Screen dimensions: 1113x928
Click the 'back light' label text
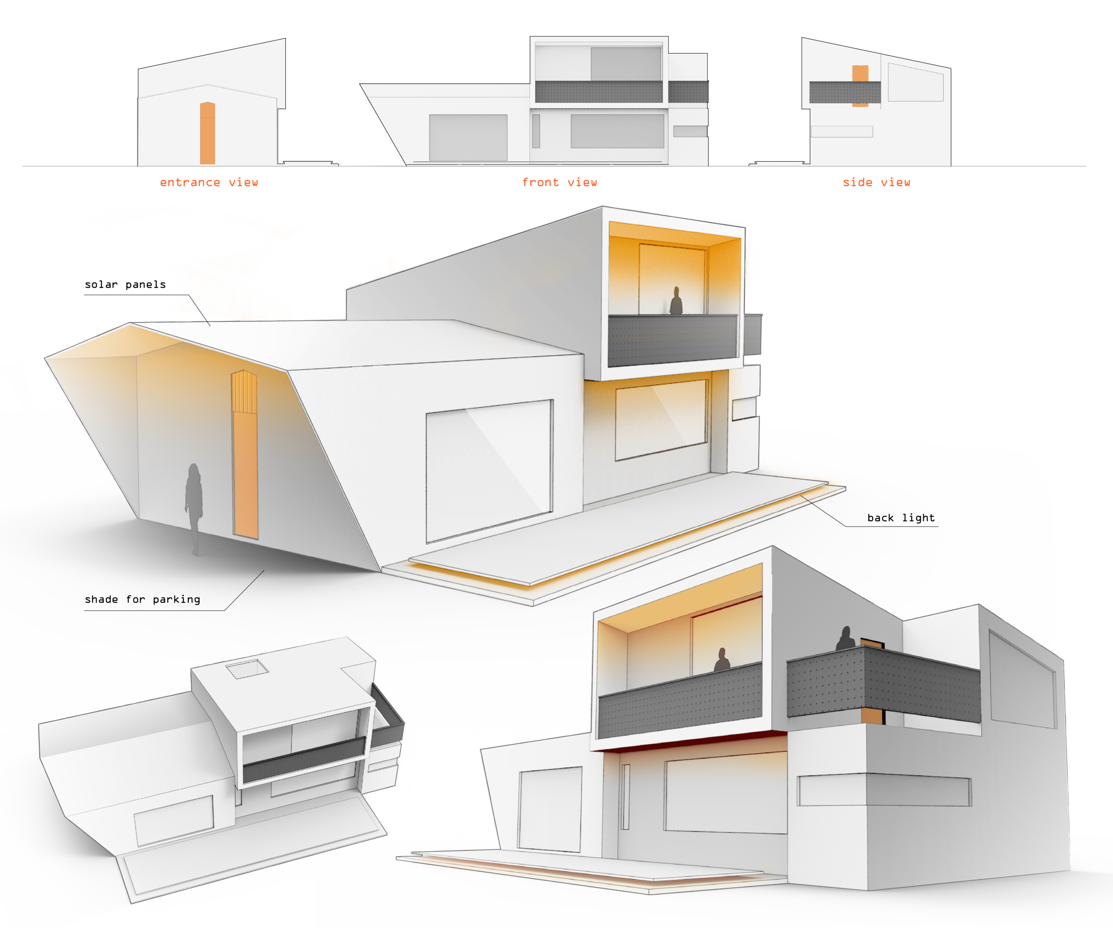tap(901, 518)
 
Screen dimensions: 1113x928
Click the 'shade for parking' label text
tap(142, 599)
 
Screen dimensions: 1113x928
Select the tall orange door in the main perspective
tap(245, 456)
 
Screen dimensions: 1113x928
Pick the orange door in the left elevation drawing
tap(207, 133)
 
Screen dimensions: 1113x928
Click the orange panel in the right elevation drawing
tap(860, 85)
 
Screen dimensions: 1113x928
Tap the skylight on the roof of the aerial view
tap(247, 669)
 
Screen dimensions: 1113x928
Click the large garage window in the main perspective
tap(489, 471)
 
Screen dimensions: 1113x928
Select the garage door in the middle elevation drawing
tap(468, 137)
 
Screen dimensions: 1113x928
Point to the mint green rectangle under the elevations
tap(396, 188)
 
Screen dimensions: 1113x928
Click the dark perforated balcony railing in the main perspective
tap(672, 340)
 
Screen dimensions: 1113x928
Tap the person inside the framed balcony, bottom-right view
tap(721, 660)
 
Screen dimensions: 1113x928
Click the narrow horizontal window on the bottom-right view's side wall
tap(884, 791)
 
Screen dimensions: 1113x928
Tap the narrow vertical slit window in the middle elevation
tap(536, 131)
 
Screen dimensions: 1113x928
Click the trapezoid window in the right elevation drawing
tap(915, 83)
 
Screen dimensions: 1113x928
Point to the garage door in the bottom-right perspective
tap(550, 808)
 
